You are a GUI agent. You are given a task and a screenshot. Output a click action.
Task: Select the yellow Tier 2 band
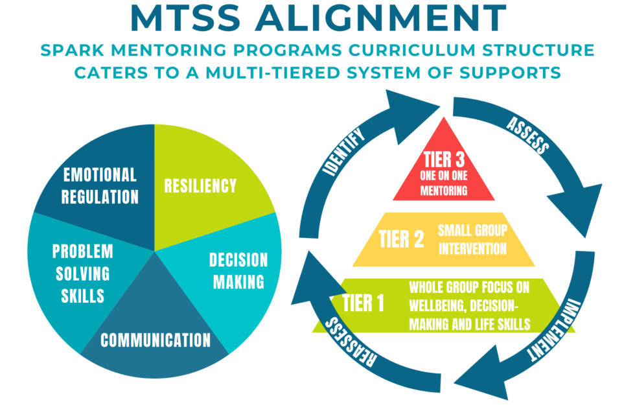point(444,240)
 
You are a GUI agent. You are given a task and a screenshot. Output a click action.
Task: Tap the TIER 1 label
point(356,303)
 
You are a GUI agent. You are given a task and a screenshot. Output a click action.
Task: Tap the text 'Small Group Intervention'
point(472,239)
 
